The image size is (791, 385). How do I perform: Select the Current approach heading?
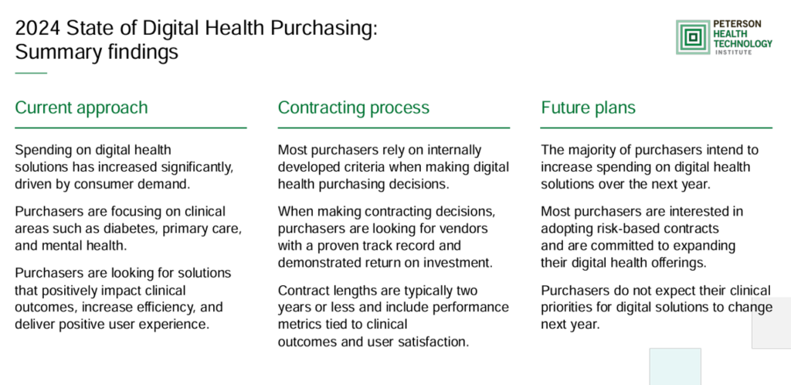[81, 107]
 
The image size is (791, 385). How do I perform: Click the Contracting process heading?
[354, 107]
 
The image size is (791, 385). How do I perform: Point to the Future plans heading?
[588, 107]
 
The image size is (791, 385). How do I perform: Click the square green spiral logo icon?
[693, 37]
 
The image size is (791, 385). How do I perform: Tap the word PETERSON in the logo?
[737, 25]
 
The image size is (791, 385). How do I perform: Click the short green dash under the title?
[31, 73]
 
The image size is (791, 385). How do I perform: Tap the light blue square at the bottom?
[675, 366]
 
